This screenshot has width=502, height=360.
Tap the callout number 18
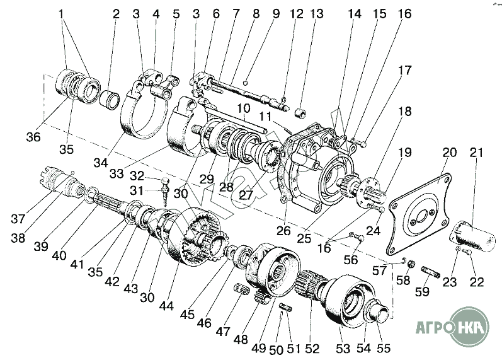click(x=404, y=112)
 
